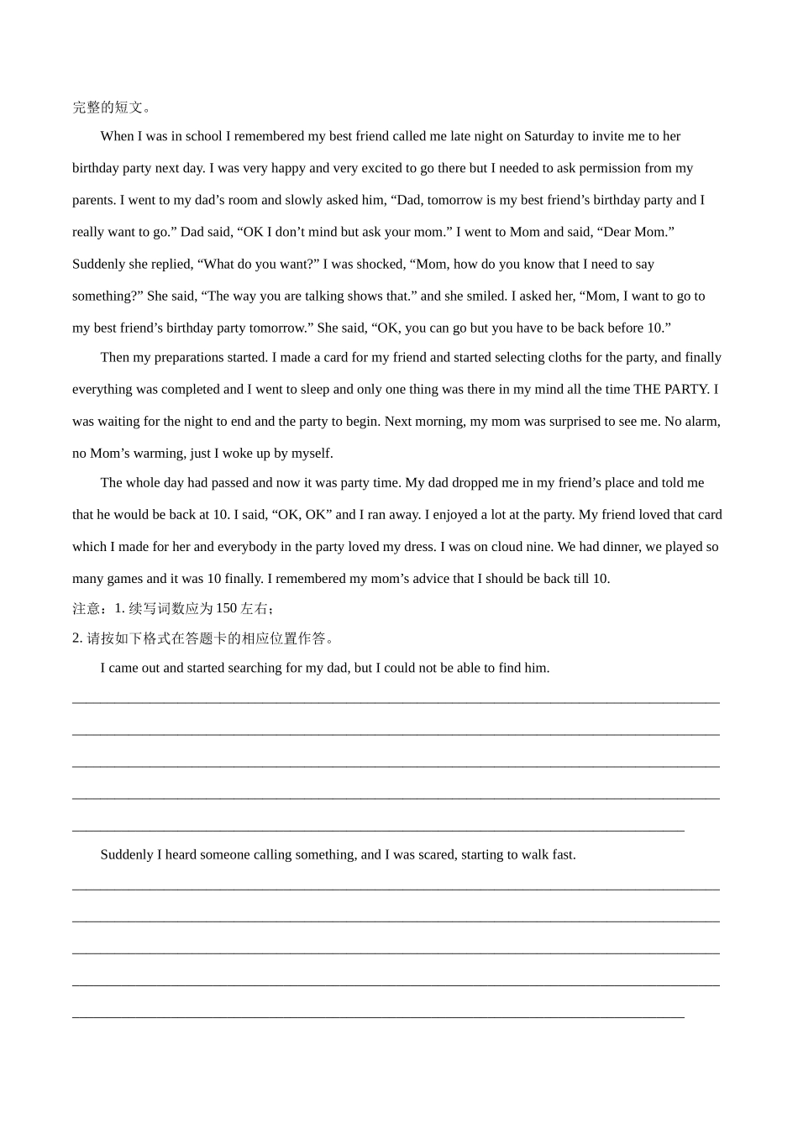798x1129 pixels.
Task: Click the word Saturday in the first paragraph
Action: [x=549, y=136]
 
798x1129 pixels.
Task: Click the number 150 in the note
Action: [x=226, y=608]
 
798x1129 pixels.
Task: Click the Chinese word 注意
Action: [x=87, y=608]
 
